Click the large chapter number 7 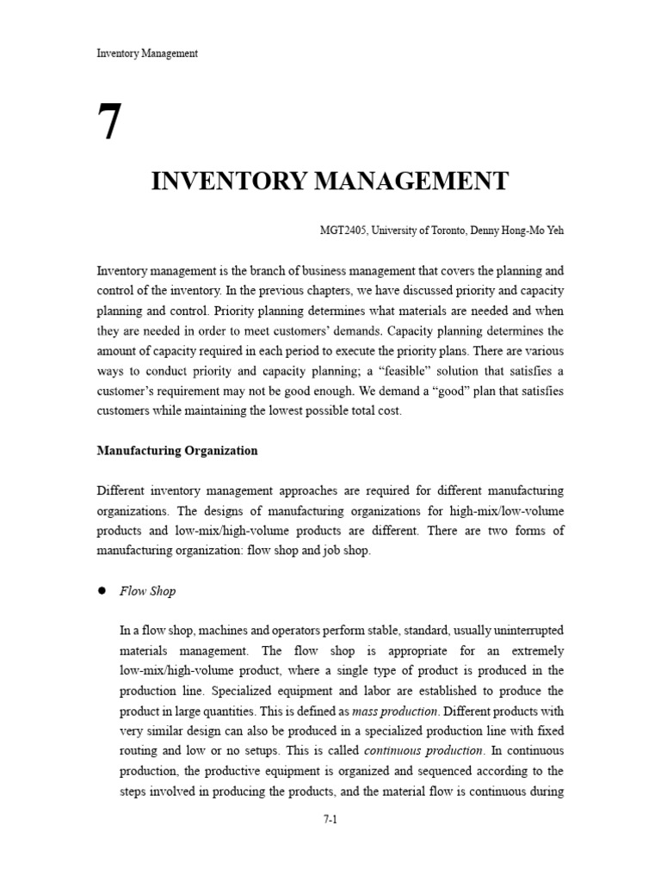[109, 123]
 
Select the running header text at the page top [147, 53]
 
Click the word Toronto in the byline [442, 231]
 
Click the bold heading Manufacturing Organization [177, 450]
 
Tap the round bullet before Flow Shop [101, 591]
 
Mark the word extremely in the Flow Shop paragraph [535, 651]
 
